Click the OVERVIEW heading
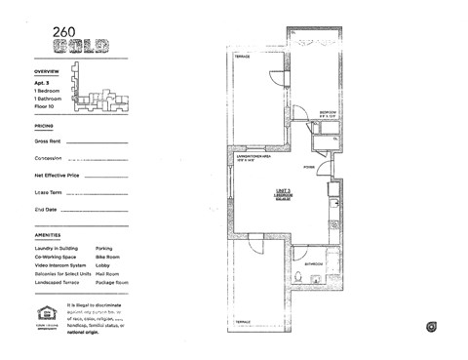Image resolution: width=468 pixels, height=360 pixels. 47,73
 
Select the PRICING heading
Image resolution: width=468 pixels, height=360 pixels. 44,126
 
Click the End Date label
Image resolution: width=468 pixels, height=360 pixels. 46,209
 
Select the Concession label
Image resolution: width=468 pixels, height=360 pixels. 49,158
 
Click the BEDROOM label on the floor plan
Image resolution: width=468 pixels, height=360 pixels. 329,113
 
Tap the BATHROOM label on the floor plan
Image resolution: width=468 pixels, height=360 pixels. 314,263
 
